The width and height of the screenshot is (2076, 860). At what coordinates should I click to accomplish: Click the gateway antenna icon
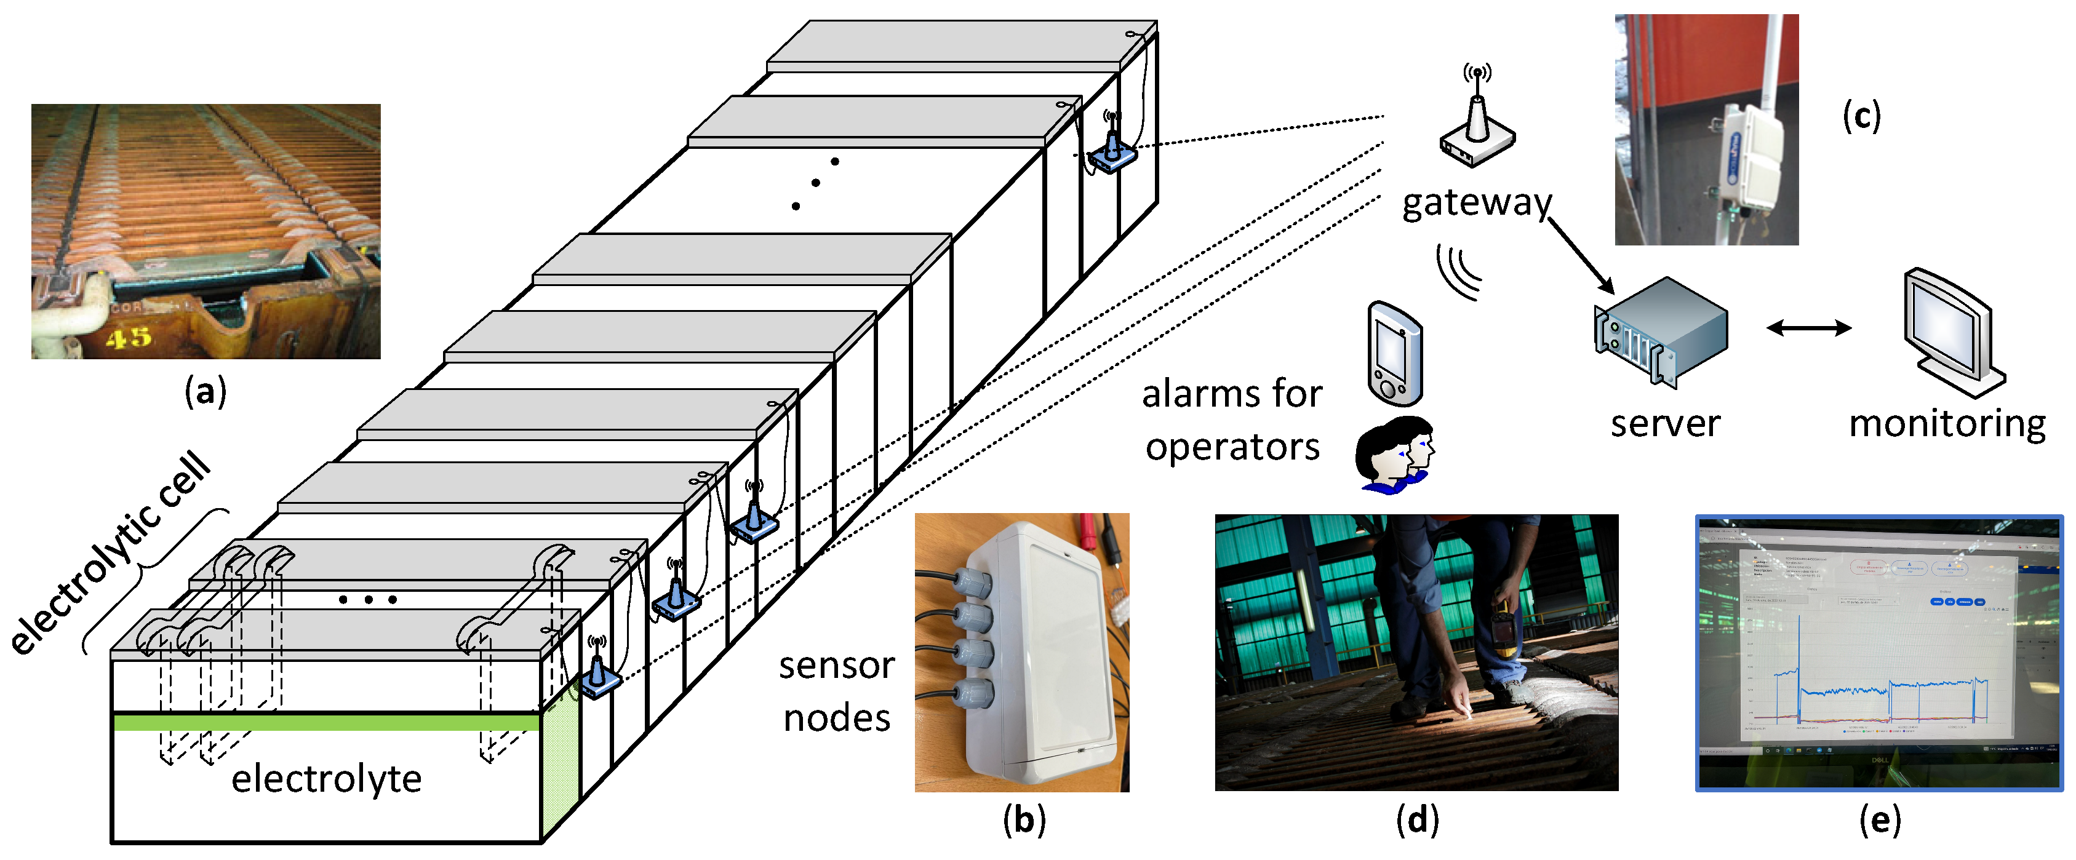1477,121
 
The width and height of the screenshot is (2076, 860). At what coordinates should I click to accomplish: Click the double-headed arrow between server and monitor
1808,327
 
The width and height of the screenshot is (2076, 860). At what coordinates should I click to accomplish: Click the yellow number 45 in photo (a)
129,337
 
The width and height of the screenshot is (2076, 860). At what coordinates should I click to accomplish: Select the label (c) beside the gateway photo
1862,117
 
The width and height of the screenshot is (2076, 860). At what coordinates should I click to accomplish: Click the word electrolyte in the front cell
326,779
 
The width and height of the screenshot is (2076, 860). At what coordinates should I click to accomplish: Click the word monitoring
1947,423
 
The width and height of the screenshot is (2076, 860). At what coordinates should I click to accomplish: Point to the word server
1665,423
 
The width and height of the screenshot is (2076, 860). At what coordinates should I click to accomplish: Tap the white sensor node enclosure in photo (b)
1040,653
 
